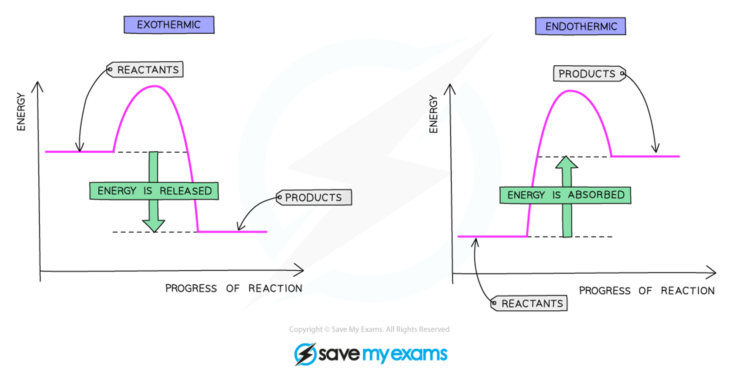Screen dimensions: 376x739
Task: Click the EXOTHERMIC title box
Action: [169, 25]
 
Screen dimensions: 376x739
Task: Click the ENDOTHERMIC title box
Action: [580, 26]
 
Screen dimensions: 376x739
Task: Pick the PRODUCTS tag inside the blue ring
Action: [314, 197]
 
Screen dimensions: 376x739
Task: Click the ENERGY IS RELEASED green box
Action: [154, 191]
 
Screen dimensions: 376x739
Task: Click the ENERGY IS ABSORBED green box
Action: [565, 195]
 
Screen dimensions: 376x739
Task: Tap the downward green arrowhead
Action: [154, 225]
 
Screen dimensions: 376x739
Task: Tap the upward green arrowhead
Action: [566, 163]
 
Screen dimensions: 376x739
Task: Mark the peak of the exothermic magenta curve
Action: [154, 86]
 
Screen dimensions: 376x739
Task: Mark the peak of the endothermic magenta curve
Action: [570, 90]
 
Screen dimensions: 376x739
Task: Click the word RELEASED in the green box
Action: [185, 191]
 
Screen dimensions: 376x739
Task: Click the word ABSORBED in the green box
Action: [596, 195]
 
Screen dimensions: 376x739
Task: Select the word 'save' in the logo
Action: [339, 354]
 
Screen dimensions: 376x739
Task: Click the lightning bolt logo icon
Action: [306, 354]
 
